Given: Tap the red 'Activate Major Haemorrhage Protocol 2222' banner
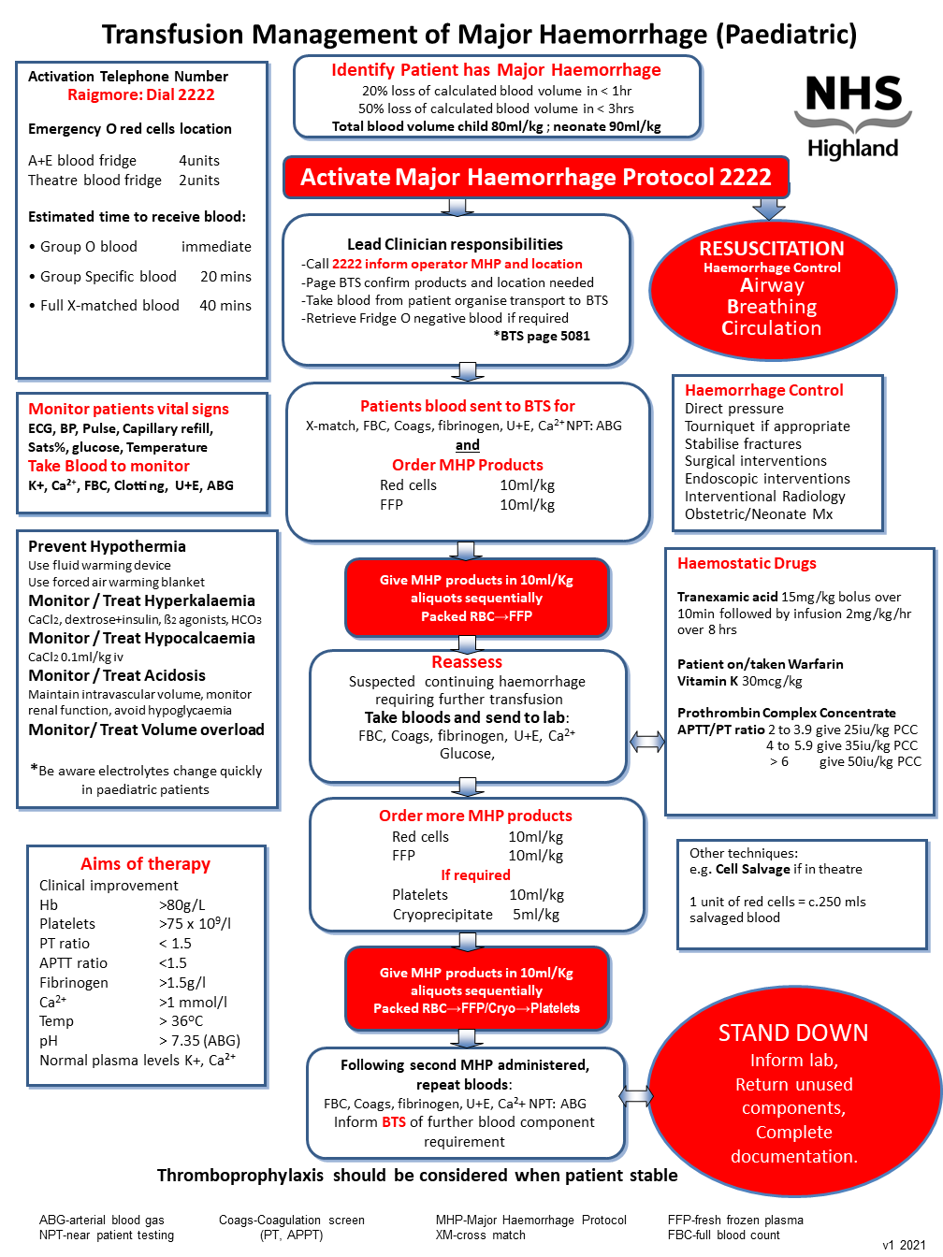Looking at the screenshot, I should (536, 178).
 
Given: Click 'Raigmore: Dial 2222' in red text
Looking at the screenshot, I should (140, 94).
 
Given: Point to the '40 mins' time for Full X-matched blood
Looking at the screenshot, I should (225, 306).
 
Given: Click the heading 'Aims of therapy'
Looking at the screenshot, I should (145, 864).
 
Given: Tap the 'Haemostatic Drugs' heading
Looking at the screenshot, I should (747, 563).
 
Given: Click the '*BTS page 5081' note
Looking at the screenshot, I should (542, 336).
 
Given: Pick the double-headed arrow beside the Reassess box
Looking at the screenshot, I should (647, 742).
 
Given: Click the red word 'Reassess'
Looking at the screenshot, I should (467, 662).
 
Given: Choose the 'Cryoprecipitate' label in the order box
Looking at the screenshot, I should (442, 915).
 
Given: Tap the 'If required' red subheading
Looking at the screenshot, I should (475, 875).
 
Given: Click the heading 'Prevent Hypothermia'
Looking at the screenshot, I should (107, 546).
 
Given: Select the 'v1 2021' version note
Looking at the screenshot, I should (904, 1245).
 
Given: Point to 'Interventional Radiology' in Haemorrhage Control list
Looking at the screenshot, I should (764, 497).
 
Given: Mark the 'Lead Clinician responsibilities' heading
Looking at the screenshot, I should (455, 244).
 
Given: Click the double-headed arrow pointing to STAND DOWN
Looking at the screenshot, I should (636, 1096).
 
